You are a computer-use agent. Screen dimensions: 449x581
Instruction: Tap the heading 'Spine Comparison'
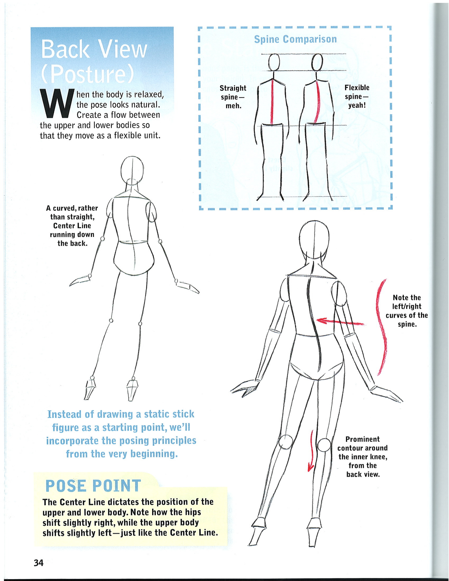point(295,39)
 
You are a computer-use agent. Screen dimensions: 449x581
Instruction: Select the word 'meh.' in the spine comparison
point(233,106)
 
